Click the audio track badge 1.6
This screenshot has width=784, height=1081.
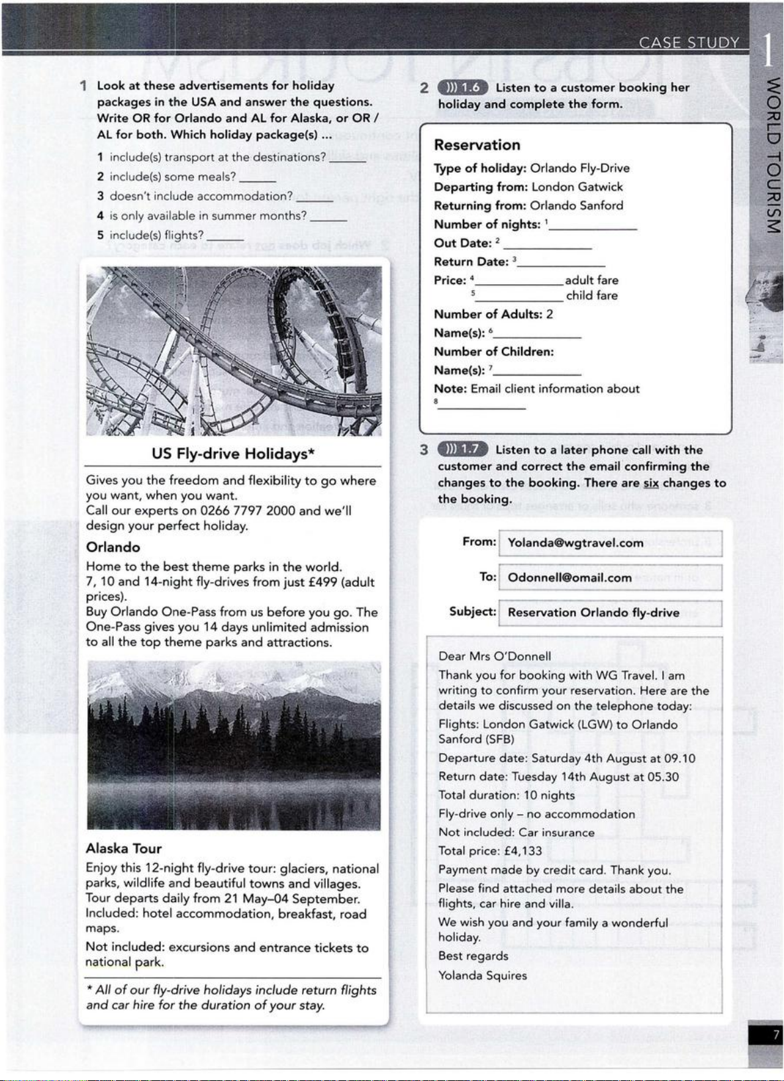pos(463,87)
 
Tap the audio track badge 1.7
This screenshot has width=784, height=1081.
pos(463,450)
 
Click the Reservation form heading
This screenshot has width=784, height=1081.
pos(477,145)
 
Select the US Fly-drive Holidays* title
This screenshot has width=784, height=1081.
pos(233,454)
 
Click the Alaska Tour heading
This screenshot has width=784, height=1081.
pos(124,849)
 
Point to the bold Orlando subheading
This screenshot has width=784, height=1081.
pos(113,547)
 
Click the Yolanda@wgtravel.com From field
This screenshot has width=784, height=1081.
pos(609,544)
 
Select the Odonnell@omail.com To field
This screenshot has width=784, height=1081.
pos(609,578)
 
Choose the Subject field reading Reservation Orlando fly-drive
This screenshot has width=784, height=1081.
pos(609,613)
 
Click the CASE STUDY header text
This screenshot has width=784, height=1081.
pos(689,44)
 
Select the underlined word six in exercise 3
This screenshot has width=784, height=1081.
pos(651,483)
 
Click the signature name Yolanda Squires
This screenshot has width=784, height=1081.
pos(483,976)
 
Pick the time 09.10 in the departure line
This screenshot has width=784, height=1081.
pos(679,758)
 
